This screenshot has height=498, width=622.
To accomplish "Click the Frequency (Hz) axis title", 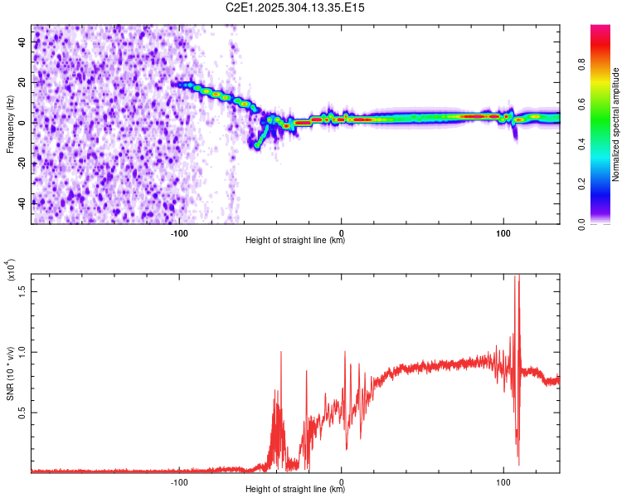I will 10,124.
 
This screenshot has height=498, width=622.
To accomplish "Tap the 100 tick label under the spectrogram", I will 503,232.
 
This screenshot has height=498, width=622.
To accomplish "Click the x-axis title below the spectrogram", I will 295,241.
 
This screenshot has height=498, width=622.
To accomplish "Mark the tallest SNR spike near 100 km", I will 518,277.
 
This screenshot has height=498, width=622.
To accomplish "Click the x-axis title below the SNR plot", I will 295,490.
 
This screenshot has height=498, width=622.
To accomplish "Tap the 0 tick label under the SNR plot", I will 342,481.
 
